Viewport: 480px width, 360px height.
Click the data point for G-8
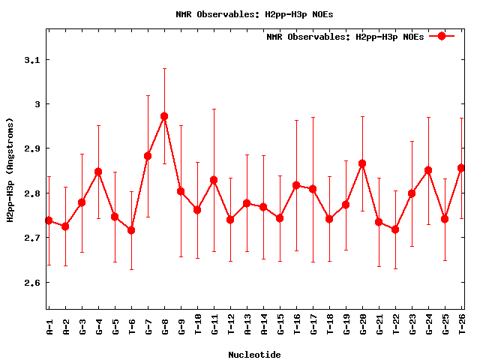click(x=164, y=116)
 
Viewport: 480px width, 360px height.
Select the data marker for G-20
click(x=362, y=163)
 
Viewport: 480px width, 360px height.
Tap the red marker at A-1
click(x=49, y=220)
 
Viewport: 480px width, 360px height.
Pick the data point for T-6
click(x=131, y=230)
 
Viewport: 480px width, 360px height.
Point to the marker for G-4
click(x=98, y=172)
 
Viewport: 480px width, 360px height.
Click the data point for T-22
click(x=395, y=229)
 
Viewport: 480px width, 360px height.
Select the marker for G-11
click(x=214, y=180)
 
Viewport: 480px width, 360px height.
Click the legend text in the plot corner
click(x=345, y=37)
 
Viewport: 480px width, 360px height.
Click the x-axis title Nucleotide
click(x=255, y=355)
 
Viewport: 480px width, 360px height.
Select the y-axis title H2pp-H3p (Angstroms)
click(x=10, y=170)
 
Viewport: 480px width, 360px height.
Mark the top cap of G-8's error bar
click(x=164, y=68)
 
